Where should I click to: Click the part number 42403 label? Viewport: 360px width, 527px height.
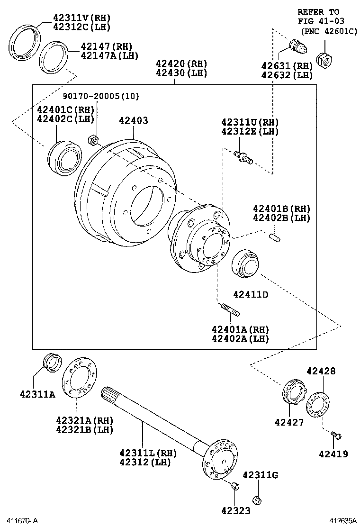(133, 121)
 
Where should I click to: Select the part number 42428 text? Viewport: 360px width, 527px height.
(321, 371)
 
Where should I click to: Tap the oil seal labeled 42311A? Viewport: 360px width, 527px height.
(52, 363)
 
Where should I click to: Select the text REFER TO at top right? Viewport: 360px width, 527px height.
(318, 11)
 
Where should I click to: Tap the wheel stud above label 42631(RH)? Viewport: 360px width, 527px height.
(298, 48)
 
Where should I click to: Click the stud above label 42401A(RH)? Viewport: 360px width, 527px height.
(230, 310)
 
